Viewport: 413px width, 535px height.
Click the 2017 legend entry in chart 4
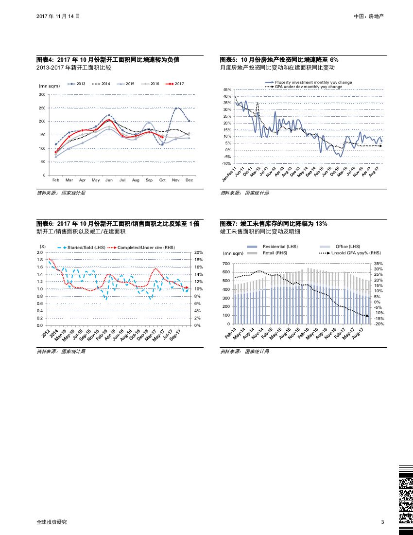179,84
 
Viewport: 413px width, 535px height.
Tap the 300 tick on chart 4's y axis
42,94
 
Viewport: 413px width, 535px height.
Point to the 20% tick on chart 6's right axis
198,252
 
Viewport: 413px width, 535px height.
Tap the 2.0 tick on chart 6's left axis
40,252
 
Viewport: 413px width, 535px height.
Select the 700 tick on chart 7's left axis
226,264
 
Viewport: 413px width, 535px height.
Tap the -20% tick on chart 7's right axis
379,324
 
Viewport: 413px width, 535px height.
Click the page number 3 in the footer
382,522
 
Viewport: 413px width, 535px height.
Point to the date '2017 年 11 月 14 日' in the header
58,16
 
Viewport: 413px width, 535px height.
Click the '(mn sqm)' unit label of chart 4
49,86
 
